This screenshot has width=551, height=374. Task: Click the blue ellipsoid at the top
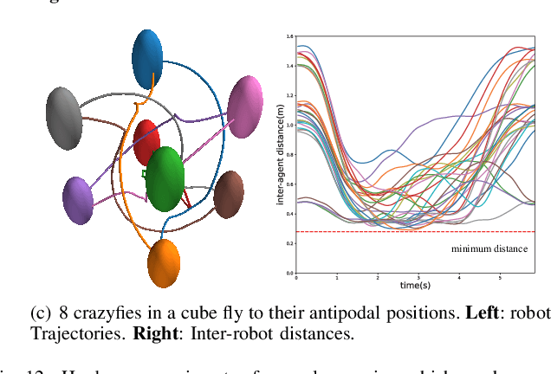click(x=147, y=58)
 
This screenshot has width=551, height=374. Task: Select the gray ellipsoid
click(x=64, y=117)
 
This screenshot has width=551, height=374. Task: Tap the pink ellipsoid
click(x=244, y=106)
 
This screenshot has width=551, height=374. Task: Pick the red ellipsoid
click(x=146, y=143)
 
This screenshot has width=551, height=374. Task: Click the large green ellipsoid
click(x=165, y=179)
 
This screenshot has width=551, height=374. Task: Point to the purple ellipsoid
click(x=77, y=200)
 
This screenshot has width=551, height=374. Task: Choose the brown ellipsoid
click(x=229, y=194)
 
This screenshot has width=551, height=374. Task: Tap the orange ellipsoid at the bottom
click(x=163, y=263)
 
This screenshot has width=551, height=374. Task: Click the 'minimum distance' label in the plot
click(x=489, y=248)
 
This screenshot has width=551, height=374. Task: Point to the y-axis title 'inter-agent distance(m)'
click(x=280, y=153)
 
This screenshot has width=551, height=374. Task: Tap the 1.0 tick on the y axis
click(x=289, y=125)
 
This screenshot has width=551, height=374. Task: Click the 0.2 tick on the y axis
click(x=289, y=244)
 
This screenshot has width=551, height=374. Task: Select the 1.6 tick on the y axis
click(x=289, y=36)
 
